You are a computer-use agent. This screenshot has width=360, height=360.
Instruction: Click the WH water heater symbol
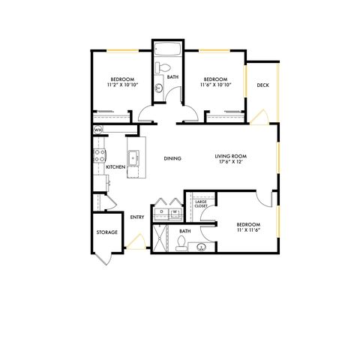point(98,130)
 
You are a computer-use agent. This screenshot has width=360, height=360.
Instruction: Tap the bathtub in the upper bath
point(168,49)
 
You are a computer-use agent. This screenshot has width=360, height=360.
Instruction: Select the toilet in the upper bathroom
point(163,67)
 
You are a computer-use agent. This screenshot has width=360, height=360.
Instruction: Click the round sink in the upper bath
point(159,88)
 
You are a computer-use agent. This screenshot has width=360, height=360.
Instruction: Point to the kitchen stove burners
point(100,155)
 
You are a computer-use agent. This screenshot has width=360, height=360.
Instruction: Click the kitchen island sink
point(133,158)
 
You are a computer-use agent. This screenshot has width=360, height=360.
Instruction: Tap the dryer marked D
point(161,214)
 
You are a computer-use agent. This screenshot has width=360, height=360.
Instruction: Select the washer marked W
point(175,214)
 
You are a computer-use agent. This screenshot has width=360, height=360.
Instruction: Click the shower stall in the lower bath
point(160,238)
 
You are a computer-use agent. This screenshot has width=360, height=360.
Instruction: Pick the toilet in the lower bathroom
point(181,244)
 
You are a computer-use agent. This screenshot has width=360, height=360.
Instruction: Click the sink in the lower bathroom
point(201,247)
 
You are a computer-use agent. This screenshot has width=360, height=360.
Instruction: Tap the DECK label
point(262,85)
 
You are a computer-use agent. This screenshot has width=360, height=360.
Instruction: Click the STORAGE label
point(107,232)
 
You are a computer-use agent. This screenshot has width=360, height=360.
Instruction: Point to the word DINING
point(172,158)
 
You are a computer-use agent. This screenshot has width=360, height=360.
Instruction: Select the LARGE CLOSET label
point(201,204)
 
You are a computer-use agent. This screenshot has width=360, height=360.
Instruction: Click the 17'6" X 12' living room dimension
point(231,161)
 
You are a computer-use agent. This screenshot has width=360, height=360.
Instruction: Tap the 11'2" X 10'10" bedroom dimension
point(122,85)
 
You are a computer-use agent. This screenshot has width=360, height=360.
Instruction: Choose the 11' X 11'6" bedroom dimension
point(248,229)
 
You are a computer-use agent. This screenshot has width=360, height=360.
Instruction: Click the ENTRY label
point(137,217)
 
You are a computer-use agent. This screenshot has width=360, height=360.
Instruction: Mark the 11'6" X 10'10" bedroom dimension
point(215,85)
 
